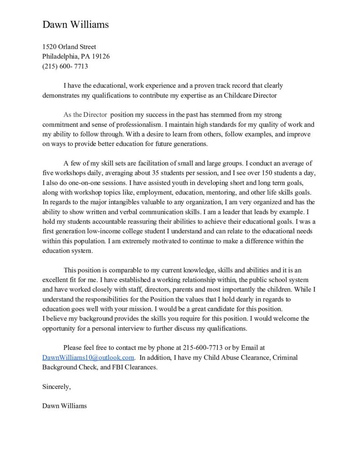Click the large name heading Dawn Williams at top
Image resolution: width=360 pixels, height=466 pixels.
tap(76, 25)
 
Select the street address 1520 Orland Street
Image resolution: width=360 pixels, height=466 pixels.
tap(69, 47)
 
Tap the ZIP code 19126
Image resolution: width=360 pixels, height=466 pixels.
tap(101, 56)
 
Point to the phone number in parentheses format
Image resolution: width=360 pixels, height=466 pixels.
tap(65, 66)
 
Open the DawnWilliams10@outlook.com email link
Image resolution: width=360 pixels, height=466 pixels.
tap(88, 357)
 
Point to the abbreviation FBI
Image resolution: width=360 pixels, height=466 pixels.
tap(120, 367)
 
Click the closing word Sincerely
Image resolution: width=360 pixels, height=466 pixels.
tap(56, 387)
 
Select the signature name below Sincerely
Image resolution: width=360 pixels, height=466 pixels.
tap(64, 405)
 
